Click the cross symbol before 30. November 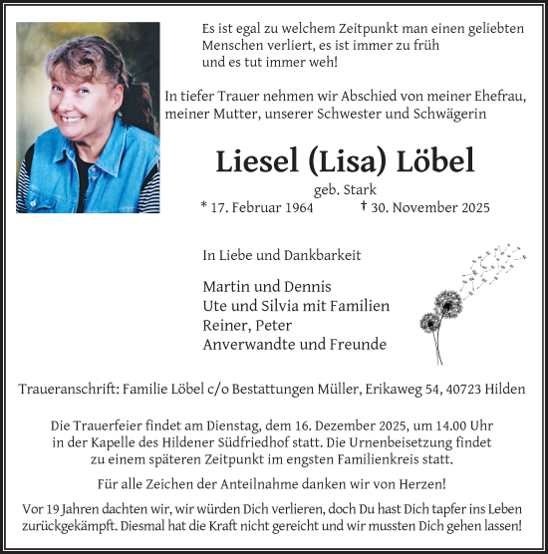tap(365, 206)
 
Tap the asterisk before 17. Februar tap(204, 206)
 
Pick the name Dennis tap(309, 286)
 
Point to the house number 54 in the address tap(451, 387)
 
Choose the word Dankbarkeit tap(325, 255)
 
